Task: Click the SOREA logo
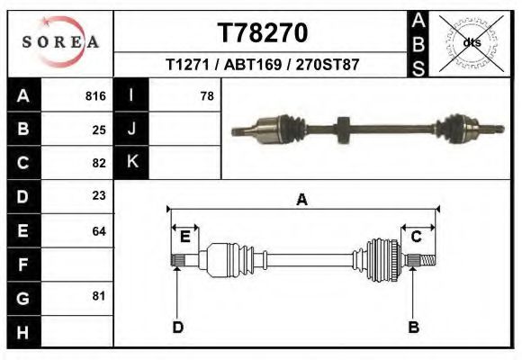60,42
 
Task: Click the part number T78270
264,32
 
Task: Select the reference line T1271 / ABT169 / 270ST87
264,66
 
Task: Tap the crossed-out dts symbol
472,41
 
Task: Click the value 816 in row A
95,95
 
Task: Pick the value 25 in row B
99,130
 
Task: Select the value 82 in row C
99,164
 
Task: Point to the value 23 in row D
99,195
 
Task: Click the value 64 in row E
99,231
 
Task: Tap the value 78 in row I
206,95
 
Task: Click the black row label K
131,162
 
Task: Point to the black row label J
131,129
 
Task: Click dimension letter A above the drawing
302,200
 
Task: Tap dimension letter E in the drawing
185,237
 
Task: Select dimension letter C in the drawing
417,237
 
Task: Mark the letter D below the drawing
178,327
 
